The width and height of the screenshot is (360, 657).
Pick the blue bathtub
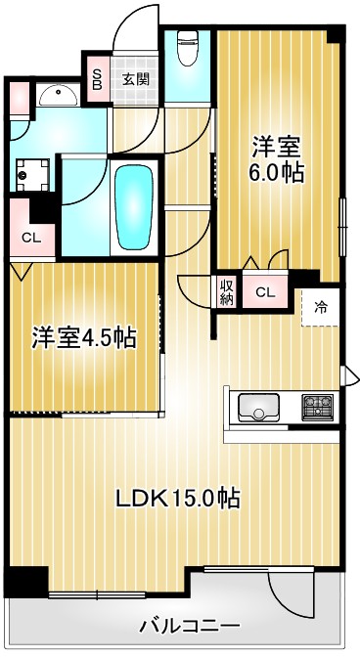tap(130, 207)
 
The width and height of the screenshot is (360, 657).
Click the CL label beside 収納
tap(265, 291)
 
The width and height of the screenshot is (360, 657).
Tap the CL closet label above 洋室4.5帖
tap(30, 237)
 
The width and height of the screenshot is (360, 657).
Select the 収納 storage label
tap(227, 291)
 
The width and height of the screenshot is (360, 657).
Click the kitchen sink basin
tap(258, 404)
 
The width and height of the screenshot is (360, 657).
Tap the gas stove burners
tap(317, 404)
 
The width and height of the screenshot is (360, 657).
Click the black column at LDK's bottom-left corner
tap(25, 582)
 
